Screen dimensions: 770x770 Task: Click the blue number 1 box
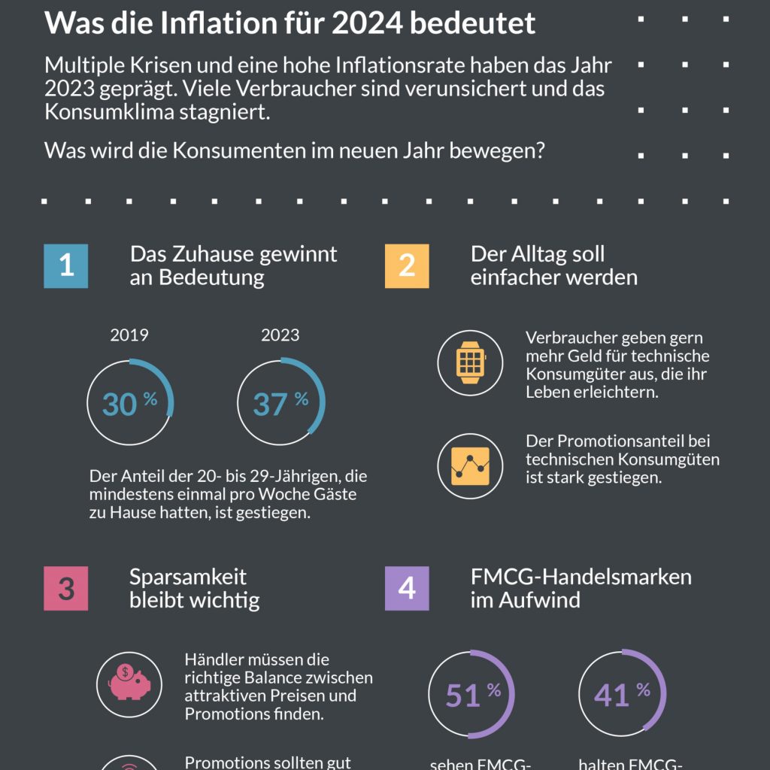pos(66,266)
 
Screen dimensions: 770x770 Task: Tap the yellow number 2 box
pos(407,266)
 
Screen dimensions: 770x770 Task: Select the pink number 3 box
pos(66,588)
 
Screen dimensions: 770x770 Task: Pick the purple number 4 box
pos(407,588)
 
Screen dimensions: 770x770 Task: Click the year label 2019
pos(129,335)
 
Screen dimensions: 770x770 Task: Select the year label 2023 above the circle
pos(280,335)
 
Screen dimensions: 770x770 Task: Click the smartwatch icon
pos(470,362)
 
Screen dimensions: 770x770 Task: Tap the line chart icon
pos(470,466)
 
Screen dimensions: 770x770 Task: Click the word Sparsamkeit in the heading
pos(188,577)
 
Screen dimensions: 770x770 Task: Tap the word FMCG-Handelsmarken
pos(581,577)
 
